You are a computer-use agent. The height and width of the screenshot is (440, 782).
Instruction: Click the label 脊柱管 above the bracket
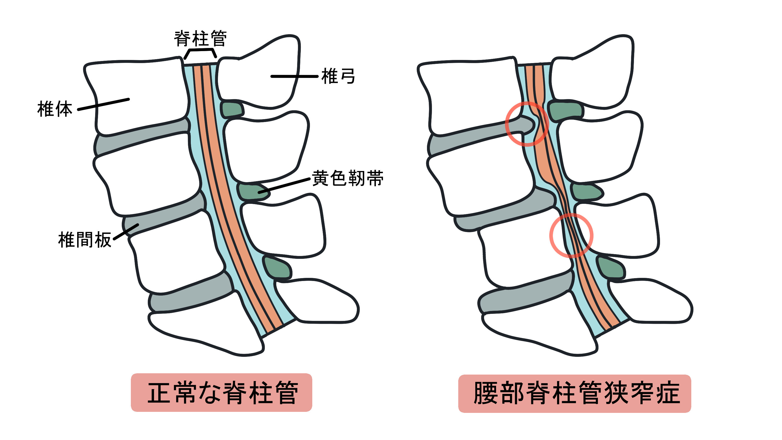(200, 39)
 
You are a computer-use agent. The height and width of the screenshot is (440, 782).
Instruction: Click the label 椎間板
(85, 240)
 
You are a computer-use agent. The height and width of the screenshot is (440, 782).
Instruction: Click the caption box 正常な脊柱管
(221, 392)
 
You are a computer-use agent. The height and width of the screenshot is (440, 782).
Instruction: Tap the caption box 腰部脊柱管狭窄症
(574, 393)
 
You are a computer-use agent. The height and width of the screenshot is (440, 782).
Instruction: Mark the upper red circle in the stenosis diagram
(527, 124)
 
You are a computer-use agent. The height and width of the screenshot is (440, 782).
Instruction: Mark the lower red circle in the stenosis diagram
(571, 235)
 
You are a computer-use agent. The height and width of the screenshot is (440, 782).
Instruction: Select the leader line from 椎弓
(294, 77)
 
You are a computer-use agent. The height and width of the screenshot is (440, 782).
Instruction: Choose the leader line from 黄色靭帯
(284, 186)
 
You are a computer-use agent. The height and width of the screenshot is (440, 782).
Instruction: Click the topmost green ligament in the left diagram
(232, 110)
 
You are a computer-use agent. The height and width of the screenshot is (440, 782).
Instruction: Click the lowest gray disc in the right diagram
(524, 296)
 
